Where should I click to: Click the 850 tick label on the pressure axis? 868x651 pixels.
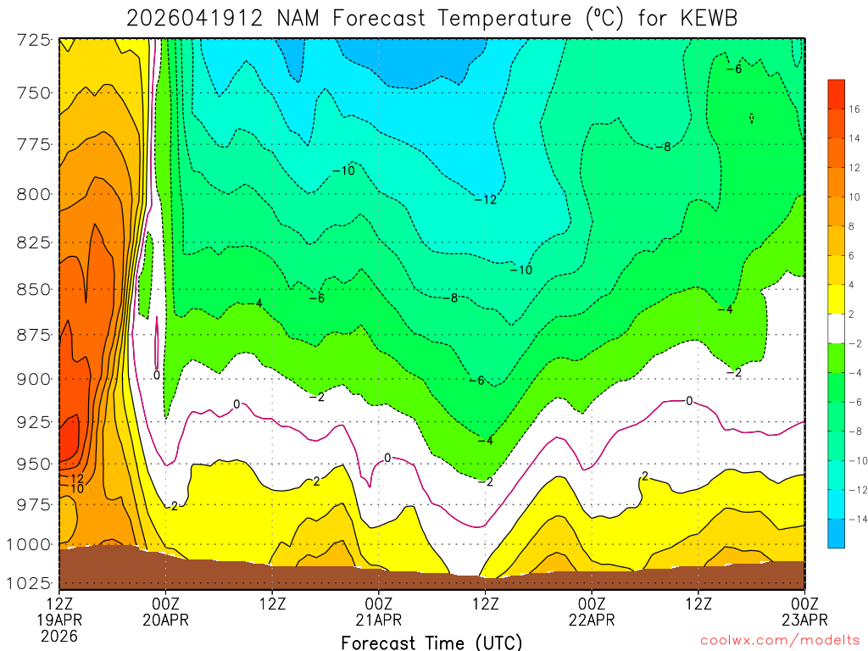(32, 289)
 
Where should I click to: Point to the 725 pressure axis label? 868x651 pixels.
(32, 40)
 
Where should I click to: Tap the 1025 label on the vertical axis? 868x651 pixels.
(29, 583)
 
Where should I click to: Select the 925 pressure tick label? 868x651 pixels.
(32, 421)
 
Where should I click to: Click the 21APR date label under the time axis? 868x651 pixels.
(378, 620)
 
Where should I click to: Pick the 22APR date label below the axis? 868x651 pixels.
(592, 620)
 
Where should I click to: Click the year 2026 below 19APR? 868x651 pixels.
(59, 635)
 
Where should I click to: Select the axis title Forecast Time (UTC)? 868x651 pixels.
(431, 642)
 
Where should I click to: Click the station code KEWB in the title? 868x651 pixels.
(711, 17)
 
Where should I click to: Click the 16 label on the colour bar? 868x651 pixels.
(854, 108)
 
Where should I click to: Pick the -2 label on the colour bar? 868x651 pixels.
(854, 343)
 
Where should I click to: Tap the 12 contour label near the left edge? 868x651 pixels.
(75, 479)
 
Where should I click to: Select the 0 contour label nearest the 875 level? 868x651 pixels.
(157, 375)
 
